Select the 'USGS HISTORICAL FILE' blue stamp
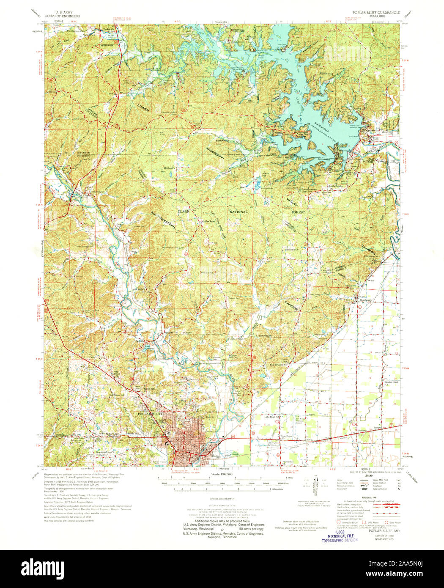tap(339, 536)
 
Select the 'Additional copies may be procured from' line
tap(221, 521)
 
